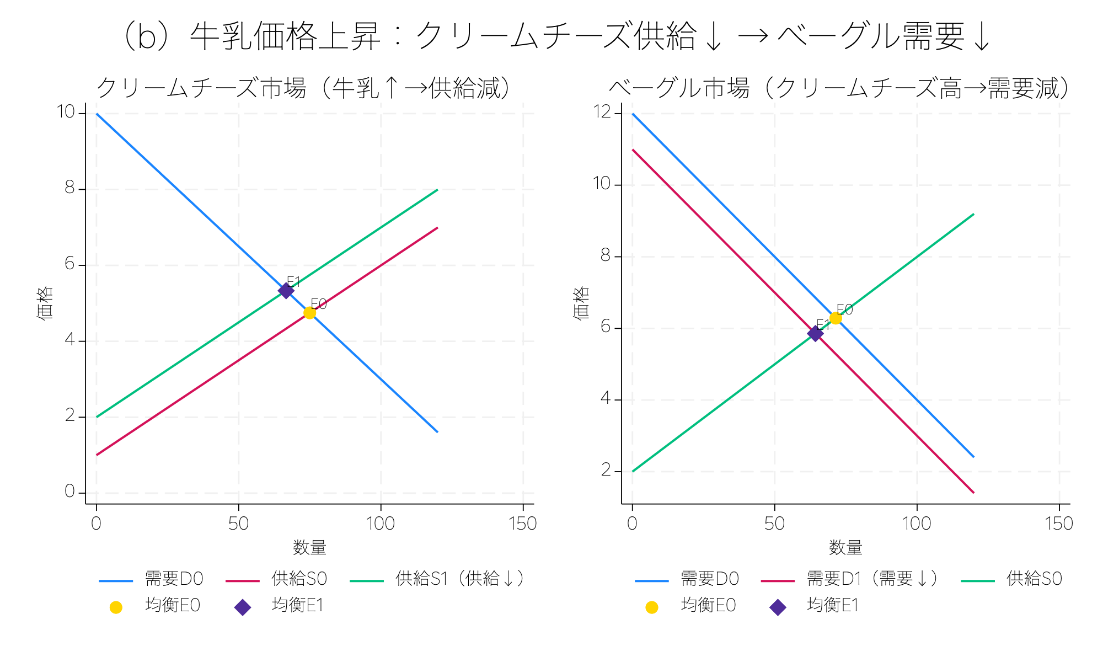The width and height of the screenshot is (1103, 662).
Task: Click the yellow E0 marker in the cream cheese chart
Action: click(309, 313)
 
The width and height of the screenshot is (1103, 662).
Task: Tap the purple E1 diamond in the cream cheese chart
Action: click(286, 291)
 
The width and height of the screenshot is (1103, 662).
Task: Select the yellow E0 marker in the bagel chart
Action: click(836, 318)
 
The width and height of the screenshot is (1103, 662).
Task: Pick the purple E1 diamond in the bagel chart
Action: click(815, 333)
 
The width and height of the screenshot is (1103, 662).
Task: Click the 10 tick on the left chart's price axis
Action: click(66, 112)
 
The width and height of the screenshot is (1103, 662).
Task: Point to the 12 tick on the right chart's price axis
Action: click(602, 112)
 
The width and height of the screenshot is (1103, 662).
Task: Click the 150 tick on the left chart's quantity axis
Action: click(522, 523)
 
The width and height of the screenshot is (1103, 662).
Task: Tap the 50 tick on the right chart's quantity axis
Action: click(774, 523)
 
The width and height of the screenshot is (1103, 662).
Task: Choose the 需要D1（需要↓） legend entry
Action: click(871, 579)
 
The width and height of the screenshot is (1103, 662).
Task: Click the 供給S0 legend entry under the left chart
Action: click(299, 579)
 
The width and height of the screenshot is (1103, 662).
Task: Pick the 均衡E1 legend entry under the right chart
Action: click(833, 605)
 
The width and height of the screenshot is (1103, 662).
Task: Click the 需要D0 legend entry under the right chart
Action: click(709, 579)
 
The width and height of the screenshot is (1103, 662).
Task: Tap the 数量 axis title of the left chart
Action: click(309, 547)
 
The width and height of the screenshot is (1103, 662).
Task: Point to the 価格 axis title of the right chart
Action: click(581, 303)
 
